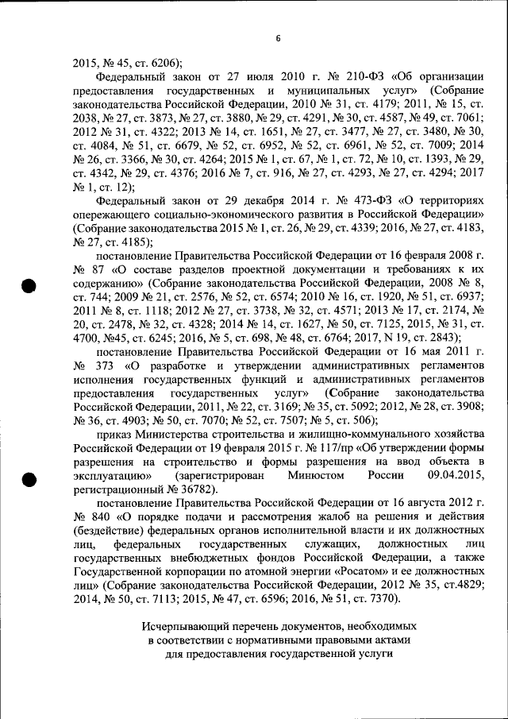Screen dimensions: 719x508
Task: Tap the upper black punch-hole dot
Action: tap(29, 288)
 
